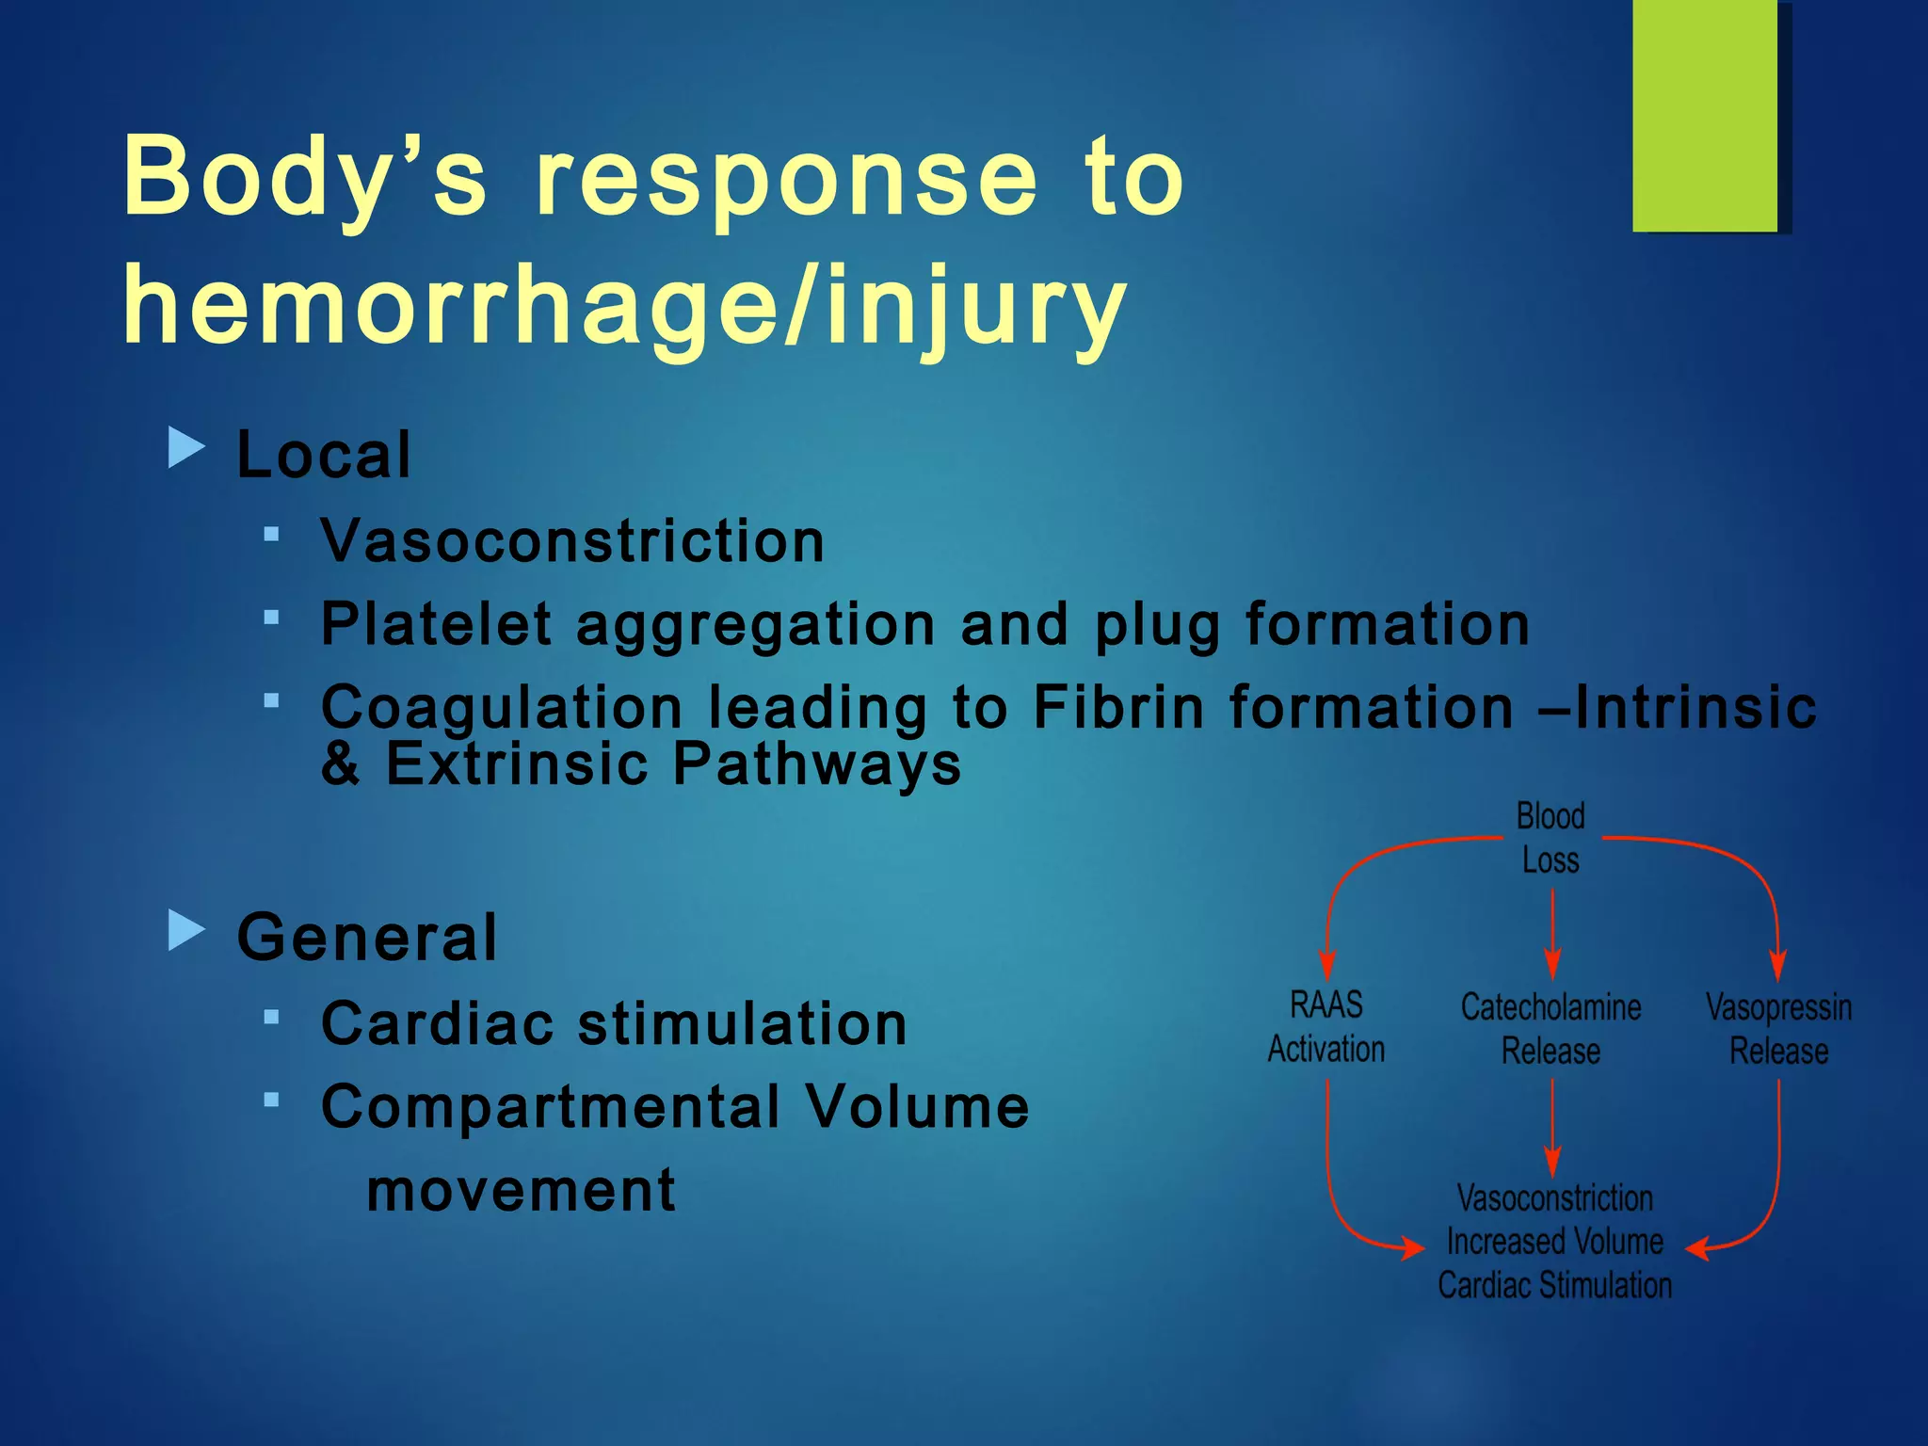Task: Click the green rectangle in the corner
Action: [1705, 115]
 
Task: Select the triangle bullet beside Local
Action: [185, 447]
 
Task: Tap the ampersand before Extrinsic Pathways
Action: [340, 763]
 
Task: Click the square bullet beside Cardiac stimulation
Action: [272, 1017]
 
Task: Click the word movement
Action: [521, 1190]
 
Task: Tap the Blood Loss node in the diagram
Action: [1550, 838]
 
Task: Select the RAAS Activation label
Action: [1325, 1027]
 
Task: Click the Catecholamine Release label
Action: [1550, 1029]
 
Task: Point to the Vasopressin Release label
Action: [1778, 1029]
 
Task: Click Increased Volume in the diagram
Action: [1554, 1242]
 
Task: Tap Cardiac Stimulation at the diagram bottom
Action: [1554, 1285]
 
